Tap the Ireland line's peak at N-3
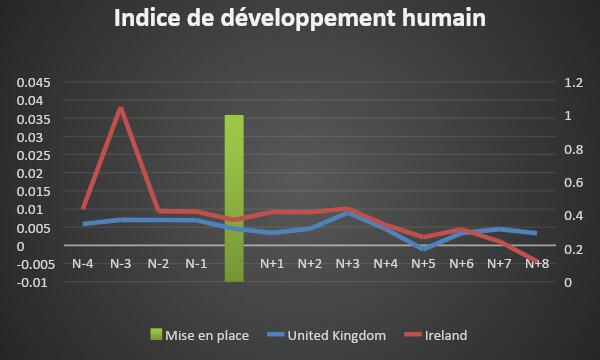coord(121,107)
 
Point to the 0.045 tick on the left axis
coord(31,82)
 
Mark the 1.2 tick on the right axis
coord(568,82)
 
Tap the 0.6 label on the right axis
coord(568,182)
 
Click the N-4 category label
coord(83,264)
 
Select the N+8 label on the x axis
coord(537,264)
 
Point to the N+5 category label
coord(423,264)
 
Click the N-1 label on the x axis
coord(196,264)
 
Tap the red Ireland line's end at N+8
coord(537,261)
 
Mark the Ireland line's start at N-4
coord(83,208)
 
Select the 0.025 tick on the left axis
coord(31,155)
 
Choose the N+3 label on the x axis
coord(347,264)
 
